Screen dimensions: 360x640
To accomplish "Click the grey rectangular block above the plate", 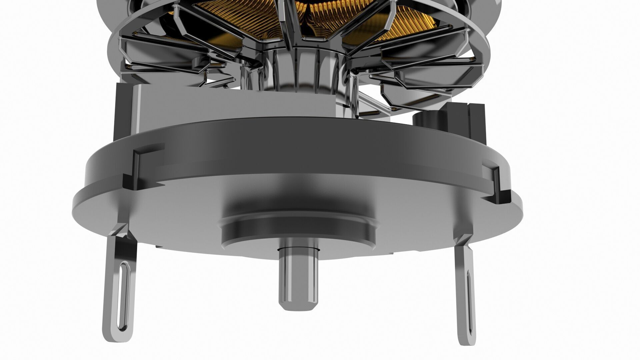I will (233, 103).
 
